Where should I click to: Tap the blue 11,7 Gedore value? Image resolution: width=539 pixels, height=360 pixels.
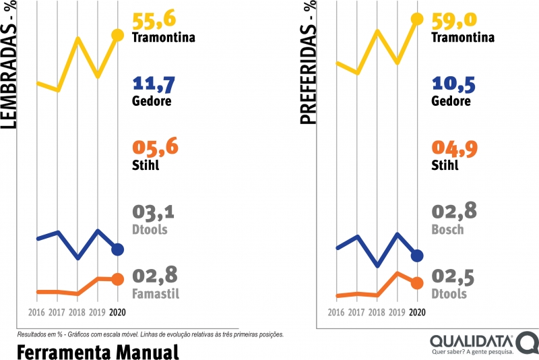[x=154, y=84]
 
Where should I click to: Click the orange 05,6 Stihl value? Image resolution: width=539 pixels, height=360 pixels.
[x=155, y=146]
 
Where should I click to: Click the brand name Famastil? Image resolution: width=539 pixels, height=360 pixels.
[x=156, y=294]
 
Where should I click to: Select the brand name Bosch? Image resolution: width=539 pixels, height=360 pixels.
[x=447, y=229]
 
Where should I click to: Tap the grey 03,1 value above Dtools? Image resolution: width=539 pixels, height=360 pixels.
[x=154, y=212]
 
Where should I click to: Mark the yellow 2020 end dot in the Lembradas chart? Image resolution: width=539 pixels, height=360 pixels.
[x=117, y=35]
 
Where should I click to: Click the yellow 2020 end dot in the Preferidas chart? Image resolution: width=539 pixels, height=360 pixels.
[x=417, y=19]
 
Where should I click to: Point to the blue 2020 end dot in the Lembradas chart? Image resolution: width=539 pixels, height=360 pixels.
[x=117, y=249]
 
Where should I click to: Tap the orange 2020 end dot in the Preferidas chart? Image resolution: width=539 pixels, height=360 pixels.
[x=417, y=282]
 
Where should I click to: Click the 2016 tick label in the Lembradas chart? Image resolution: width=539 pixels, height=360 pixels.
[x=37, y=312]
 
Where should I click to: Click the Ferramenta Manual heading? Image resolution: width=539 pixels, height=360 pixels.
[x=97, y=351]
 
